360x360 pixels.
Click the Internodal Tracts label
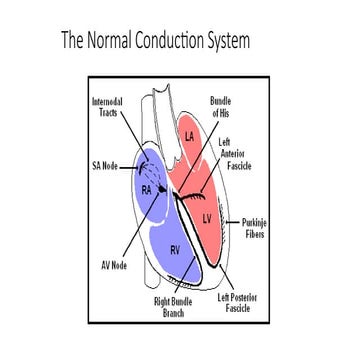107,108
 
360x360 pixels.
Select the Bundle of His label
220,107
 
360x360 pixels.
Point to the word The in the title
72,42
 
